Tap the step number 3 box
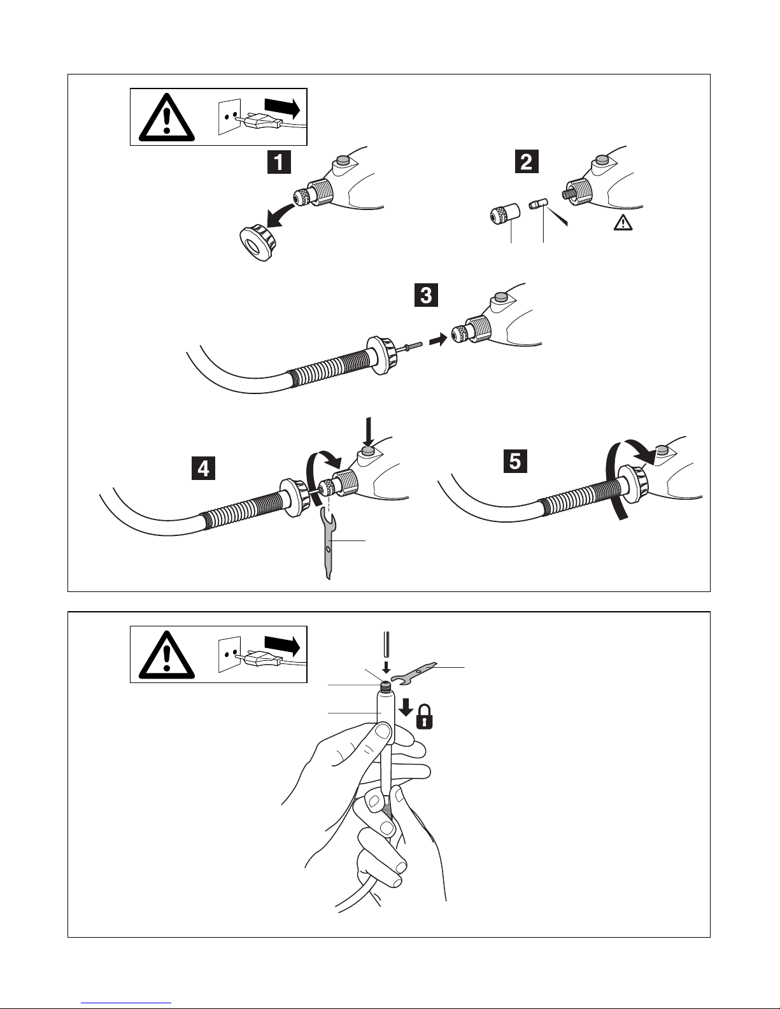427,295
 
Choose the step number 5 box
515,461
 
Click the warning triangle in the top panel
166,118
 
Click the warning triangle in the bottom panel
166,656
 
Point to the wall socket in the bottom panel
230,654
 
